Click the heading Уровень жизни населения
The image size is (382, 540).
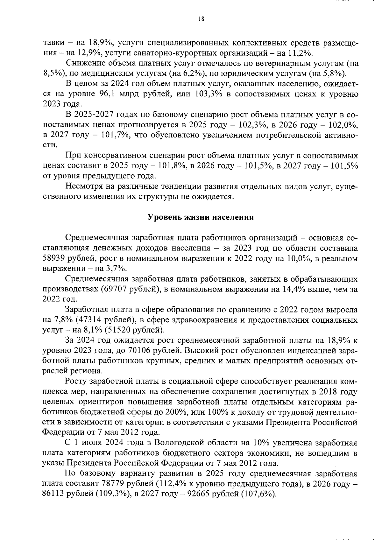tap(201, 217)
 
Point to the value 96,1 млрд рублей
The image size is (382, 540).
tap(141, 95)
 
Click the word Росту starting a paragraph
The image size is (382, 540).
tap(76, 382)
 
